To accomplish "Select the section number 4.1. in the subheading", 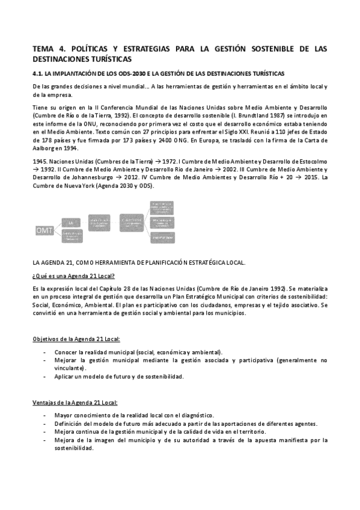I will pos(39,73).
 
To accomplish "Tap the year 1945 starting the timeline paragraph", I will pos(40,162).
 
